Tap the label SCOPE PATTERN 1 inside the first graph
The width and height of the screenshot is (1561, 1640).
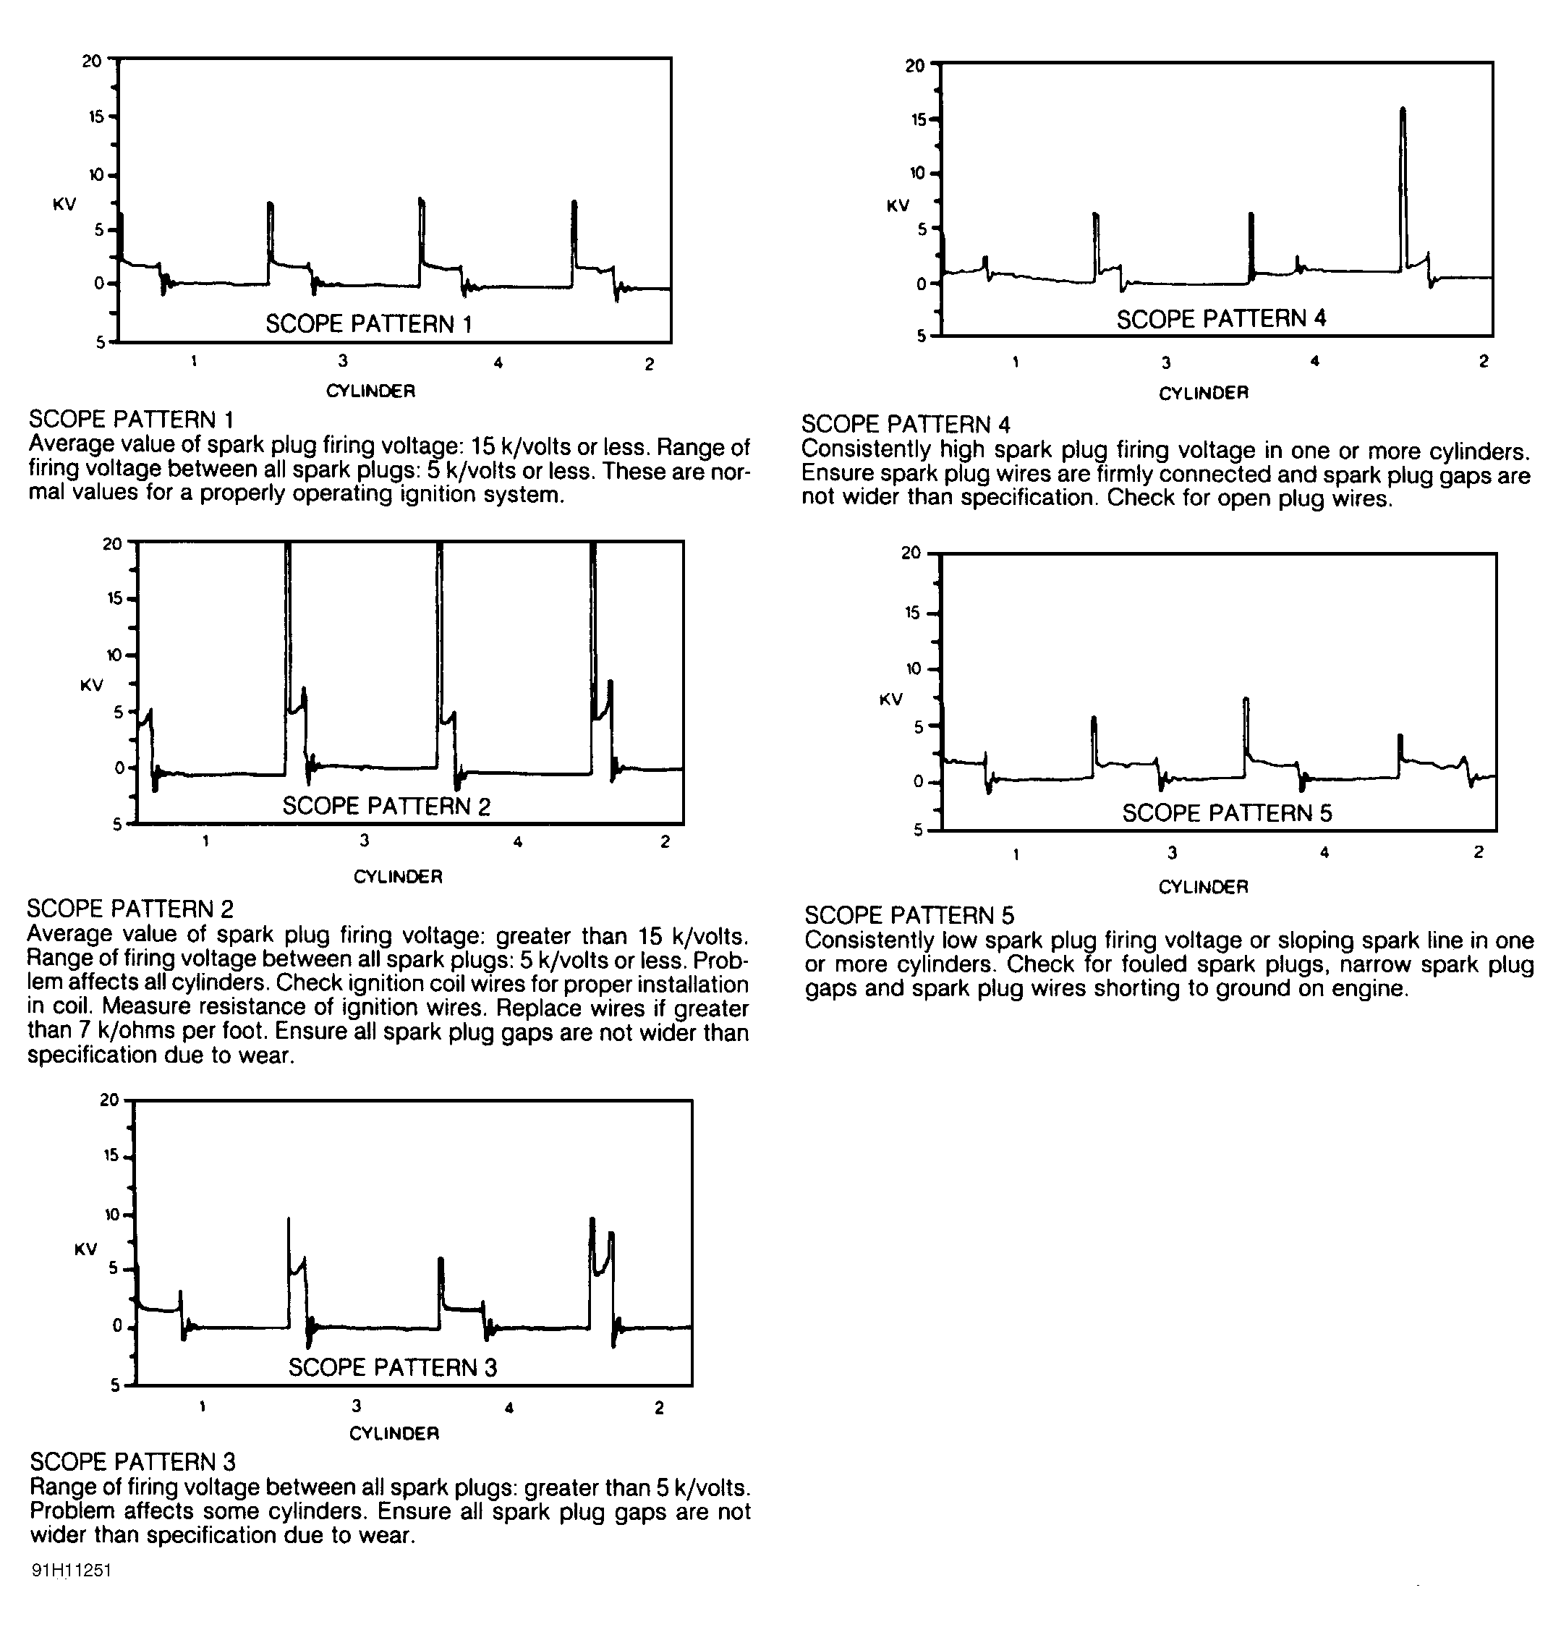tap(369, 323)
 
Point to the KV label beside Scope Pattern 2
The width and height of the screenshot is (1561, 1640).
tap(92, 685)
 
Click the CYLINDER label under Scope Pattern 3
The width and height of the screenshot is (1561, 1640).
tap(394, 1433)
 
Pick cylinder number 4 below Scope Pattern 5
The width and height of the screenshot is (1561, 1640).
tap(1324, 852)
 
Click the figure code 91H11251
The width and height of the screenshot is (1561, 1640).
tap(72, 1570)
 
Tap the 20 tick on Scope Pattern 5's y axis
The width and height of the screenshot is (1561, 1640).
tap(911, 553)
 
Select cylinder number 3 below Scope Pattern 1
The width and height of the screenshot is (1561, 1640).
tap(343, 361)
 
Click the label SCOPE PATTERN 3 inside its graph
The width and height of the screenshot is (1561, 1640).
tap(393, 1367)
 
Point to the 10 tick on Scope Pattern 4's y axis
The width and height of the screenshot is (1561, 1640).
tap(917, 173)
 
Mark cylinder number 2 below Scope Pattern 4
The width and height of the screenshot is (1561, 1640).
tap(1484, 361)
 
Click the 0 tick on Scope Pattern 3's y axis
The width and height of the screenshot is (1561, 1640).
tap(117, 1325)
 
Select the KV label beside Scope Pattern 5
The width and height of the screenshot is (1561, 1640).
tap(891, 700)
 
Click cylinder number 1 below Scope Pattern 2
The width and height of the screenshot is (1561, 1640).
tap(205, 841)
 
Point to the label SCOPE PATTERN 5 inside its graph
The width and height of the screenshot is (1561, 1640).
tap(1227, 813)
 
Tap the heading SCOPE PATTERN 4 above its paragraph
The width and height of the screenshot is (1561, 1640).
tap(906, 425)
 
